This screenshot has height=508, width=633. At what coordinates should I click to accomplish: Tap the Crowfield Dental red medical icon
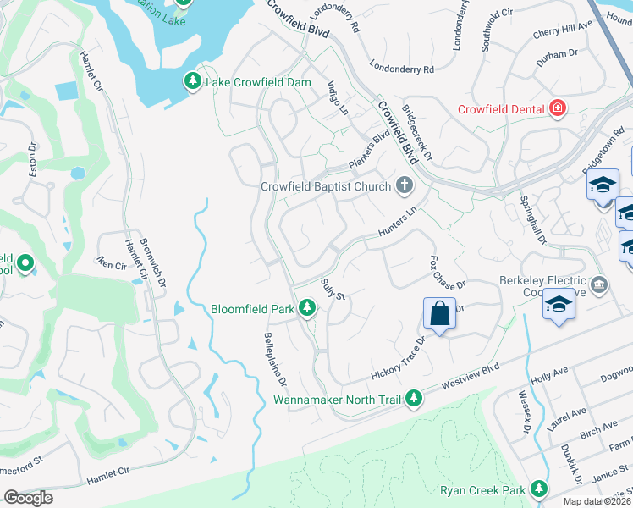tap(557, 108)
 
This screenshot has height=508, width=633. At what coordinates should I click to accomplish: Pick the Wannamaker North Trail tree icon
tap(414, 397)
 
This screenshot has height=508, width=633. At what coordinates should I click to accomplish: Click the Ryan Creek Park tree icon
tap(538, 489)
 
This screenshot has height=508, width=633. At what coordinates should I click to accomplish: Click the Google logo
tap(28, 497)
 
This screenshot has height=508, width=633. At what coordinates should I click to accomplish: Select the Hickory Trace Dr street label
tap(399, 361)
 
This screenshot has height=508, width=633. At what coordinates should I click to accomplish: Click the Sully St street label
tap(333, 293)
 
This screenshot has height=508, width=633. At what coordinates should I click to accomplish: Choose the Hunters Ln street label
tap(398, 225)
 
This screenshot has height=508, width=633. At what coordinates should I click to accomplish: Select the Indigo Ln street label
tap(338, 98)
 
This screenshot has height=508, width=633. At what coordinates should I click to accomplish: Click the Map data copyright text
tap(597, 501)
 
